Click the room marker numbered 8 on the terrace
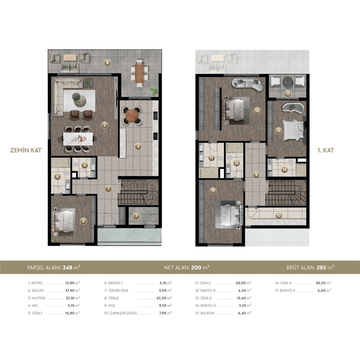tap(107, 63)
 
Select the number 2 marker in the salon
tap(105, 125)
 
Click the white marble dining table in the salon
tap(78, 139)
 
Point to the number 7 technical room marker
tap(136, 216)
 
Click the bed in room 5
tap(64, 220)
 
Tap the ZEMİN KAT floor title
tap(26, 150)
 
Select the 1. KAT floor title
tap(326, 150)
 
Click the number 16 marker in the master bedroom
tap(257, 111)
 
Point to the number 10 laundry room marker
tap(278, 216)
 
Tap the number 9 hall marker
tap(256, 175)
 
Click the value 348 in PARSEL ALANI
tap(68, 268)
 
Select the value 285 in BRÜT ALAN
tap(322, 268)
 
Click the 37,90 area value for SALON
tap(70, 290)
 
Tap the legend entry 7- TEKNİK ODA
tap(116, 290)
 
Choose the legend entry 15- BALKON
tap(204, 313)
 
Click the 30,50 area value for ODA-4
tap(321, 283)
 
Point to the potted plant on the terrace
tap(154, 91)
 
